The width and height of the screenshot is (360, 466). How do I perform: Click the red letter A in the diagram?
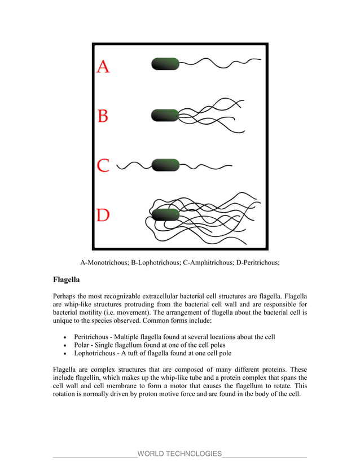(103, 67)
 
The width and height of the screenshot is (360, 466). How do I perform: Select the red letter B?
(103, 116)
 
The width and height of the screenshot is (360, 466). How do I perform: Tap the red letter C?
(103, 166)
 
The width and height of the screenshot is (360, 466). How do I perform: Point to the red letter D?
(103, 216)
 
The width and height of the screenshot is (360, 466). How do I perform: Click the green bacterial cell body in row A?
(165, 64)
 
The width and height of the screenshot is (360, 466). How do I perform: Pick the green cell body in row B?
(165, 115)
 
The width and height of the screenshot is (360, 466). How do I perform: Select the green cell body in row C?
(165, 165)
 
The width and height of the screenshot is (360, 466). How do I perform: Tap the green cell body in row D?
(165, 214)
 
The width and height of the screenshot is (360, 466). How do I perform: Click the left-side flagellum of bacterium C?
(134, 165)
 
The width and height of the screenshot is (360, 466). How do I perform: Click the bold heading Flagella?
(66, 279)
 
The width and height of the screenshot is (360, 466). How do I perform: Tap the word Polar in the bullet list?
(83, 345)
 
